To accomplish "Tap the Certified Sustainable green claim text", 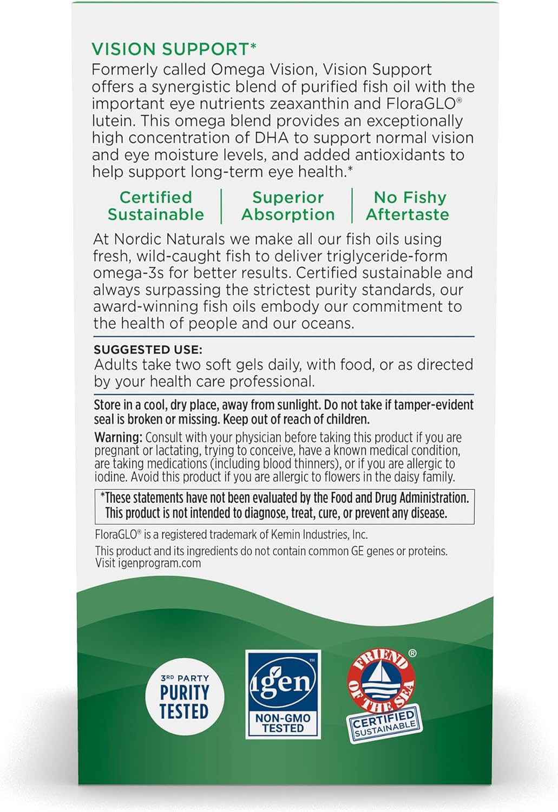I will [x=156, y=206].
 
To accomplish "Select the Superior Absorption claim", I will [x=288, y=206].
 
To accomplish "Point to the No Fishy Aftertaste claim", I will [x=408, y=206].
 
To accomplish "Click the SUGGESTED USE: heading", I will [x=148, y=350].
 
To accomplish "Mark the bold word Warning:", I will [x=118, y=437].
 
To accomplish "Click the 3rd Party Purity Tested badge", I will [x=185, y=697].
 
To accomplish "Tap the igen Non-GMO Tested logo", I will [x=283, y=695].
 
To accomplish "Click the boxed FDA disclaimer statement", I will [x=284, y=506].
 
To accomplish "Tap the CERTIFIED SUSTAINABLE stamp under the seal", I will [x=384, y=723].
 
